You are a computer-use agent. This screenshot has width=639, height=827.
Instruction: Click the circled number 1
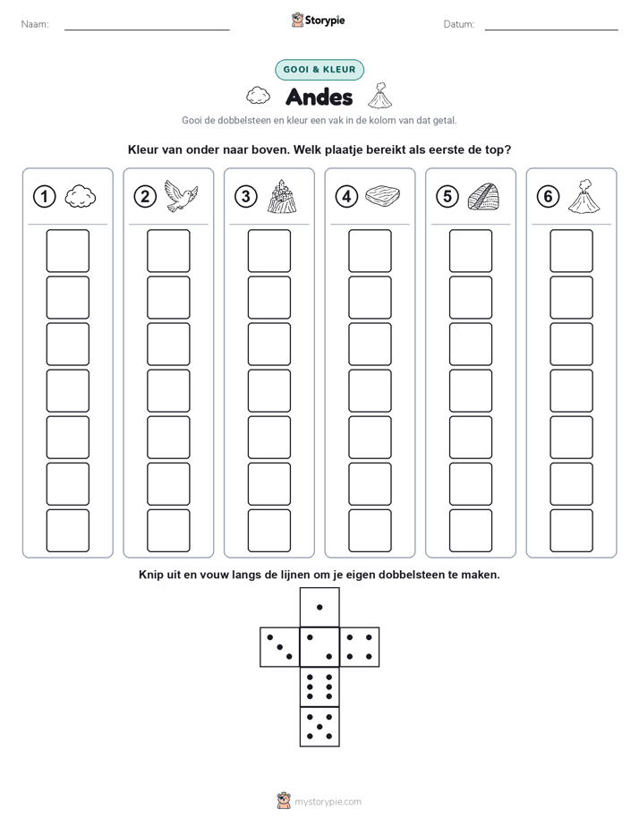coord(44,197)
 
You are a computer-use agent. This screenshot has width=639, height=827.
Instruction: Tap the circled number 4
coord(346,197)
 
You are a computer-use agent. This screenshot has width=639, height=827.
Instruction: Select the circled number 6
coord(548,197)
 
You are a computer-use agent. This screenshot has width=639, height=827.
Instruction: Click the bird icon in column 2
coord(181,195)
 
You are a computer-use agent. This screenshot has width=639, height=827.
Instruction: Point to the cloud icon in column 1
coord(81,196)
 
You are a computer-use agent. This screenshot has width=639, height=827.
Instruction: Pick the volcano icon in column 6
coord(584,196)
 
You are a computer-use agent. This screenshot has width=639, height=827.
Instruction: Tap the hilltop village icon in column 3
coord(282,196)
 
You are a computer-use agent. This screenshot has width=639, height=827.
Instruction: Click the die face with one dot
coord(319,608)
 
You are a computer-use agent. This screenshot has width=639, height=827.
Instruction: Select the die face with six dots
coord(319,686)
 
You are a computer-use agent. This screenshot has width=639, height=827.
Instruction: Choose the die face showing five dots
coord(319,727)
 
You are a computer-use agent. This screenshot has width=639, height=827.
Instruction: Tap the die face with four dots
coord(360,647)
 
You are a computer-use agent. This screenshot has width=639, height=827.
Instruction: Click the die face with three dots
coord(280,647)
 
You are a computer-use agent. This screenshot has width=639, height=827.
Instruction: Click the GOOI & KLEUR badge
coord(319,70)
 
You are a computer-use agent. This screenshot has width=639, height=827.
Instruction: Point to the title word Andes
coord(319,97)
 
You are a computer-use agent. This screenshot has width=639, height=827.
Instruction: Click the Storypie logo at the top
coord(318,20)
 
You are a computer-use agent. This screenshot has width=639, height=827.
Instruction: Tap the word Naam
coord(35,24)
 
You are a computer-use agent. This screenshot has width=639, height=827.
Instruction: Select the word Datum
coord(459,24)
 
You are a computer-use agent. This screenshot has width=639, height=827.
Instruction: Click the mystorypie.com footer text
coord(328,802)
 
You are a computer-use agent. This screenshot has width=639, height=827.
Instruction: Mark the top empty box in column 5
coord(471,251)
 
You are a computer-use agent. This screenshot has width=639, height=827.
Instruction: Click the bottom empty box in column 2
coord(169,531)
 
